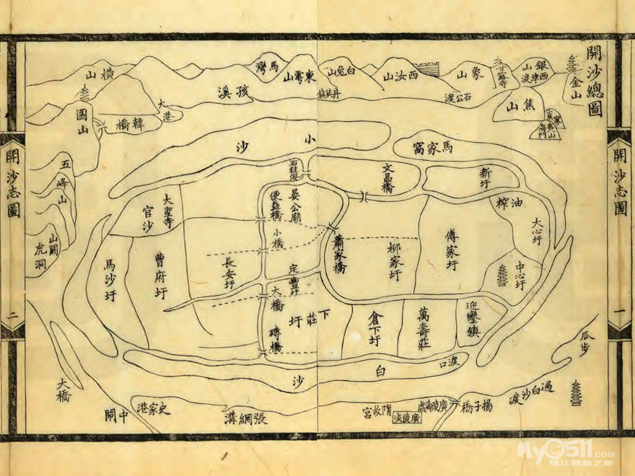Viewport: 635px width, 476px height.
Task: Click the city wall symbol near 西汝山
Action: tap(431, 70)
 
